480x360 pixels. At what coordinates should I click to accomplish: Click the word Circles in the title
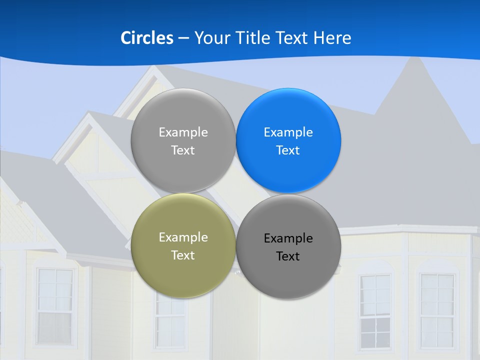pos(146,38)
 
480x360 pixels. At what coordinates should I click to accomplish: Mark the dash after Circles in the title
pos(183,38)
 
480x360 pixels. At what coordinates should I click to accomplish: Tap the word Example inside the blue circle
pos(288,132)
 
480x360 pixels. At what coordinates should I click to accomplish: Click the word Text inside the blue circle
pos(288,150)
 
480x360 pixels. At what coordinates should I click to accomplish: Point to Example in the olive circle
pos(183,237)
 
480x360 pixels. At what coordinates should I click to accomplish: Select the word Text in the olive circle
pos(183,255)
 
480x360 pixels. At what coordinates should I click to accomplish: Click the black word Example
pos(288,238)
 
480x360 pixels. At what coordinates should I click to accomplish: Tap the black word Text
pos(288,256)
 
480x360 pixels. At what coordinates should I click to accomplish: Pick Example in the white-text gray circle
pos(183,132)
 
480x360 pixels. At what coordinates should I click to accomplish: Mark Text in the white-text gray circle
pos(183,150)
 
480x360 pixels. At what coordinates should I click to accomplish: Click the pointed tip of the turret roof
pos(414,58)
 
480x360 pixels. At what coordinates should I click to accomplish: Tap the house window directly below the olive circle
pos(170,322)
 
